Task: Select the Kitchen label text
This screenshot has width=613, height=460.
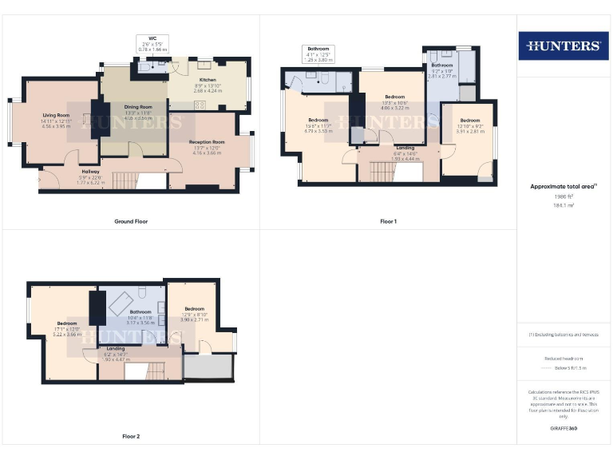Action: tap(207, 80)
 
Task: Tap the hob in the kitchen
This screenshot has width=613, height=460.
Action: tap(200, 105)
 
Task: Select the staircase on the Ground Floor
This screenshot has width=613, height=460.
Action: tap(123, 180)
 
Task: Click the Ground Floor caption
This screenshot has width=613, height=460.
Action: tap(131, 221)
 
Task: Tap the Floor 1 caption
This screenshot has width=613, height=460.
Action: tap(388, 221)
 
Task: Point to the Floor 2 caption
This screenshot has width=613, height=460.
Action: tap(131, 437)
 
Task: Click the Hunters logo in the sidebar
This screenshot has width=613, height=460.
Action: tap(564, 46)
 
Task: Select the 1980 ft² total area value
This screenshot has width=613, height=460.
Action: tap(564, 196)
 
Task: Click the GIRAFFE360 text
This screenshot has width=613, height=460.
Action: tap(564, 429)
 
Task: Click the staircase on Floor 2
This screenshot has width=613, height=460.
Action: tap(152, 371)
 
